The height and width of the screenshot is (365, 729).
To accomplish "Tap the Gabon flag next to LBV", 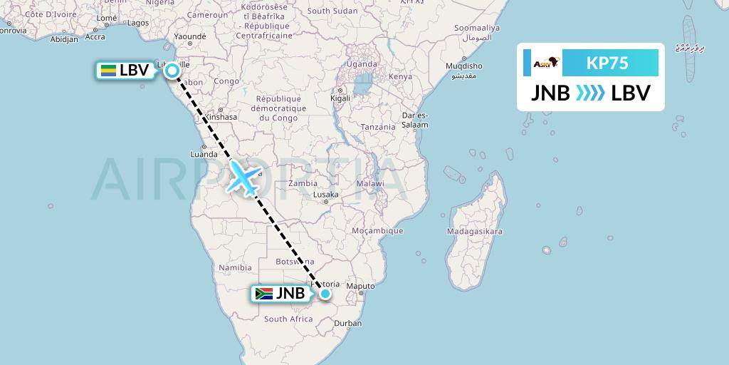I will pos(109,71).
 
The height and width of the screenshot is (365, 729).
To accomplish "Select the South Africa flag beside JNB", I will pos(264,293).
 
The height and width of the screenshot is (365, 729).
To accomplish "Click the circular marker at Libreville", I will pos(172,70).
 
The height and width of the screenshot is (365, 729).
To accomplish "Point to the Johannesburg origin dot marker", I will pos(325,293).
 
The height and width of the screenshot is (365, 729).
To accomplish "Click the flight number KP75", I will pos(607,63).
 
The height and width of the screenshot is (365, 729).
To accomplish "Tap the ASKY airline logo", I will pos(547,63).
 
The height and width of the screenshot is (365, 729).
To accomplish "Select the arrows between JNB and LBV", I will pos(590,93).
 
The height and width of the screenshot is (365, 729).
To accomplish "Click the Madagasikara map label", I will pos(474,232).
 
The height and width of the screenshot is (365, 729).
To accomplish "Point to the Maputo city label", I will pos(362,287).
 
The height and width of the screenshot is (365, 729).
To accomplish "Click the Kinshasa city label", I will pos(219,116).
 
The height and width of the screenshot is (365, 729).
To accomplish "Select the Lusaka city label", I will pos(327,194).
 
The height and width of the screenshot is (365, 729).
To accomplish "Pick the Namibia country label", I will pos(236,267).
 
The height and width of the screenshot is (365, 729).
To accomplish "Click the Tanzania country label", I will pos(377,127).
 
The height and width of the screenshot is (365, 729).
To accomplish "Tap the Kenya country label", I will pos(400,76).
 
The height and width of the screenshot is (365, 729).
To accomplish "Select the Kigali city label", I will pos(340,98).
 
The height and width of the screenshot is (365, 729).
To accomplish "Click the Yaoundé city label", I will pos(189,36).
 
